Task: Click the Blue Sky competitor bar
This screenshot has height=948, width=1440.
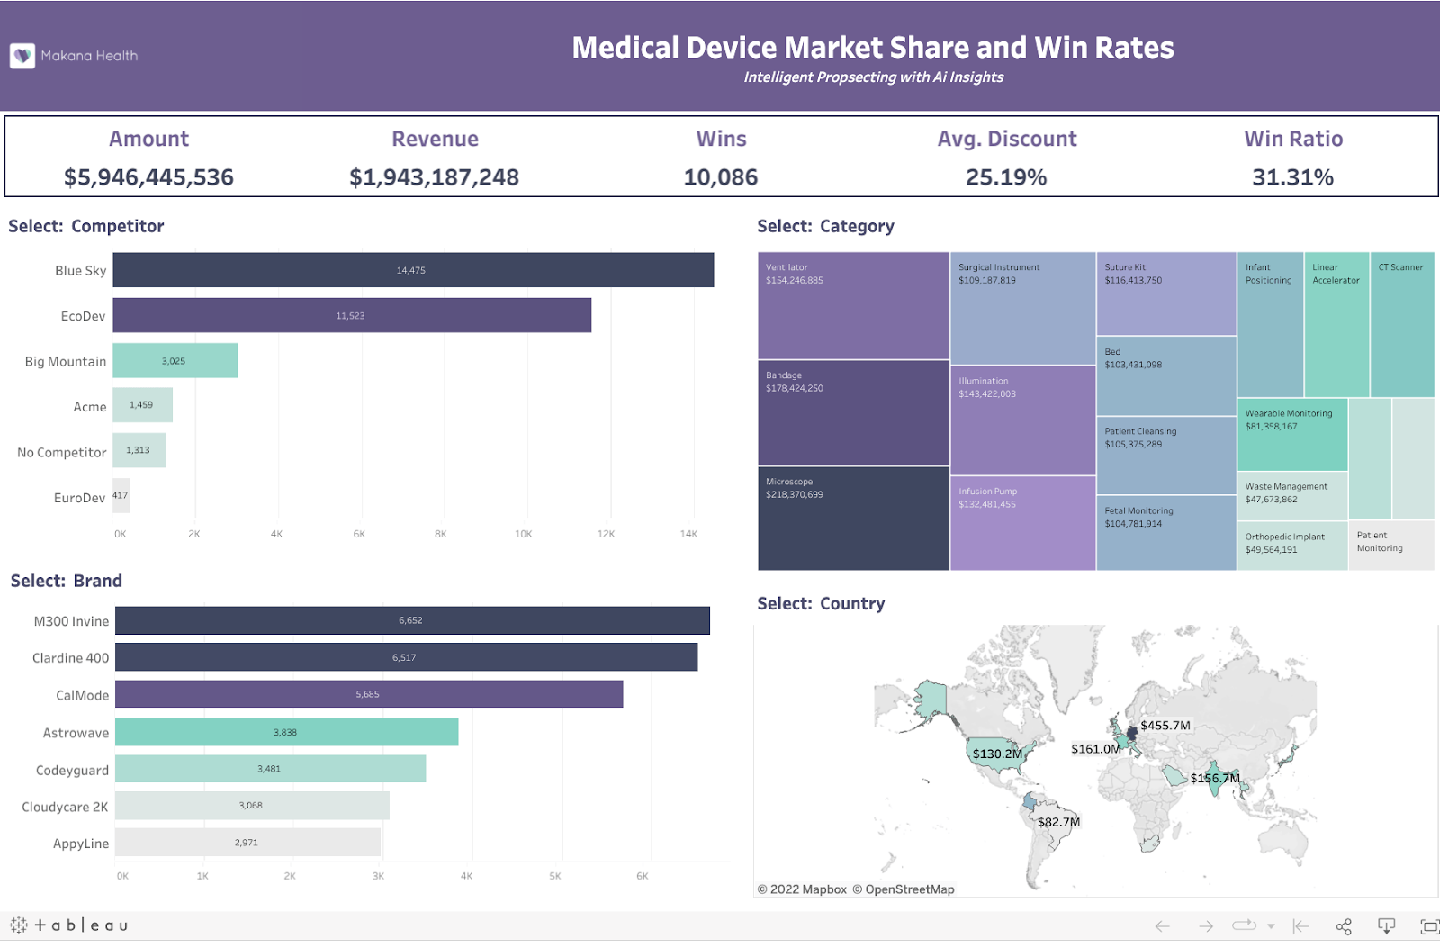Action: pyautogui.click(x=413, y=270)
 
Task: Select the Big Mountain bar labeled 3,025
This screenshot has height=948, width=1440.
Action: pyautogui.click(x=175, y=360)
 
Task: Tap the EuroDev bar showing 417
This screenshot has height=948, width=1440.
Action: pyautogui.click(x=121, y=496)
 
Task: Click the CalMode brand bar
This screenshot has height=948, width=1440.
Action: pyautogui.click(x=369, y=694)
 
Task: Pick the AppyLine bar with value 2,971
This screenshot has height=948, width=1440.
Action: pyautogui.click(x=247, y=843)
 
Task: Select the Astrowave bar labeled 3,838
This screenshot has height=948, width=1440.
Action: pyautogui.click(x=286, y=732)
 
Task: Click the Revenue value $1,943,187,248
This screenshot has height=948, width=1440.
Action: pyautogui.click(x=434, y=177)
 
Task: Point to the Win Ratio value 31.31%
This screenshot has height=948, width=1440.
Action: pyautogui.click(x=1292, y=177)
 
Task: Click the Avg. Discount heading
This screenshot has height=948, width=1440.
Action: pyautogui.click(x=1006, y=139)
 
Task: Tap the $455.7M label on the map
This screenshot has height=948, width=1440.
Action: pyautogui.click(x=1165, y=725)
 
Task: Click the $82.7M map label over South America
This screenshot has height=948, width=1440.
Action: pyautogui.click(x=1058, y=822)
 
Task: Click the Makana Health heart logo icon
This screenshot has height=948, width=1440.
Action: pyautogui.click(x=22, y=56)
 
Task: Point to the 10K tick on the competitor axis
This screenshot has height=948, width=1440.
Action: pyautogui.click(x=523, y=534)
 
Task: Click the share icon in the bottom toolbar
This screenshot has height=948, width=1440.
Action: pyautogui.click(x=1344, y=926)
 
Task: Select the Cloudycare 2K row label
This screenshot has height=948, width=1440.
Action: pyautogui.click(x=65, y=807)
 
